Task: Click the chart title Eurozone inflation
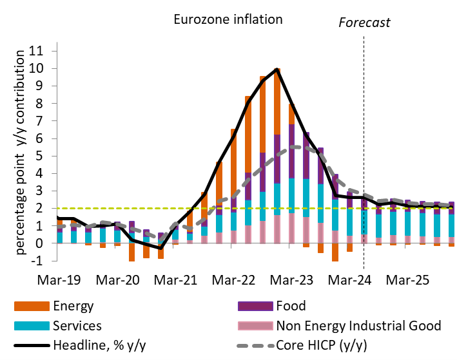(x=228, y=19)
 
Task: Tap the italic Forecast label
(x=364, y=23)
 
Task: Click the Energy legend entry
(x=75, y=306)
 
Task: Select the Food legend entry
(x=291, y=306)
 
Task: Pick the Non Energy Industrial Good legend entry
(x=358, y=326)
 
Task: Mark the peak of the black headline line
(x=277, y=69)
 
